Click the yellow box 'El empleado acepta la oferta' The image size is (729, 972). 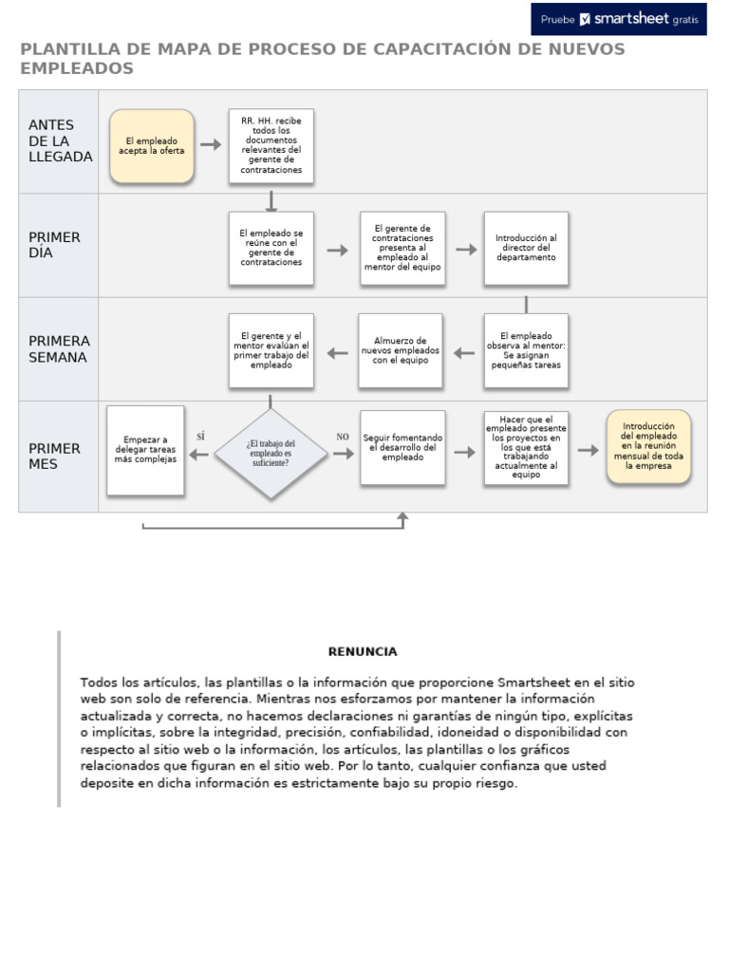(152, 145)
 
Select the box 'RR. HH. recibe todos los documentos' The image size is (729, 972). (271, 145)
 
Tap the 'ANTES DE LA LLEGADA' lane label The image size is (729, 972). (60, 141)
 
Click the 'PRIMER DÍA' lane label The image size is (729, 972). (55, 245)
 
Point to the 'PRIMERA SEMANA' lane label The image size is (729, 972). (59, 348)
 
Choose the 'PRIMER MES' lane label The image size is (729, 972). (55, 456)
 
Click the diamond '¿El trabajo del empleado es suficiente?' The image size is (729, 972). (271, 454)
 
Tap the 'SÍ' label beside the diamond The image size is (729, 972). (200, 436)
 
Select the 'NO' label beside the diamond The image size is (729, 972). (343, 437)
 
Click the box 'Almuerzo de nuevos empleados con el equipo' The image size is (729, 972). (401, 350)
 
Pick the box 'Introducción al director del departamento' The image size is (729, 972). (526, 248)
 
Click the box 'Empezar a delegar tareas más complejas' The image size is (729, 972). (145, 451)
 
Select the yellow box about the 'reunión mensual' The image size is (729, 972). (648, 447)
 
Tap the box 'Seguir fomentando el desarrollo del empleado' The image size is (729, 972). (402, 447)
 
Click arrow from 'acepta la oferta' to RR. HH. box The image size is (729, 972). (211, 145)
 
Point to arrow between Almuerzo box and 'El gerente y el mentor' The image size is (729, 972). (336, 353)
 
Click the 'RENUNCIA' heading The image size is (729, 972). (363, 651)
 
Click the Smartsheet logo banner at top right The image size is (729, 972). (618, 18)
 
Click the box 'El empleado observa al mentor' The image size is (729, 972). (526, 350)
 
